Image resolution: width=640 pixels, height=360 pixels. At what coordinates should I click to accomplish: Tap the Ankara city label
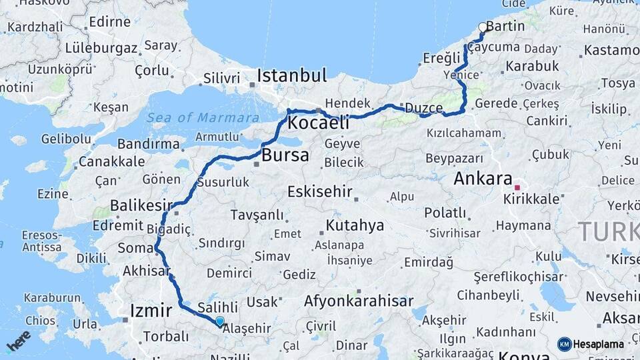coord(483,179)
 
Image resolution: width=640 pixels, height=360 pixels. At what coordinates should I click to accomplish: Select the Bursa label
coord(285,156)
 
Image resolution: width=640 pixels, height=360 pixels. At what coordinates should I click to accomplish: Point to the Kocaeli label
coord(319,123)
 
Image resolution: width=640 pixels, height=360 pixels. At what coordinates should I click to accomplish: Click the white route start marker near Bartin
coord(483,28)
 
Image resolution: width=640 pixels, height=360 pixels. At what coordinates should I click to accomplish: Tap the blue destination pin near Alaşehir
coord(220,321)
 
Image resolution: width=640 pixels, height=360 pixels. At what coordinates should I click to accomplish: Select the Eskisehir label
coord(320,192)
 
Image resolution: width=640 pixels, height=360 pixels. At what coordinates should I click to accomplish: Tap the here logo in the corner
coord(19,341)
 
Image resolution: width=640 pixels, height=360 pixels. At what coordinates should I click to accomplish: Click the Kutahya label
coord(355,225)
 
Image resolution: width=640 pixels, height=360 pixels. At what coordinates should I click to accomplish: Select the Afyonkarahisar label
coord(359,301)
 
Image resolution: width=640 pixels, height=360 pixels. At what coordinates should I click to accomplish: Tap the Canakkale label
coord(111,161)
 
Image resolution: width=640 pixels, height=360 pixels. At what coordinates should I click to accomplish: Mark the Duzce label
coord(424,108)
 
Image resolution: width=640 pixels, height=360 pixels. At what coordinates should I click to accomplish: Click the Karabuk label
coord(532,66)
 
